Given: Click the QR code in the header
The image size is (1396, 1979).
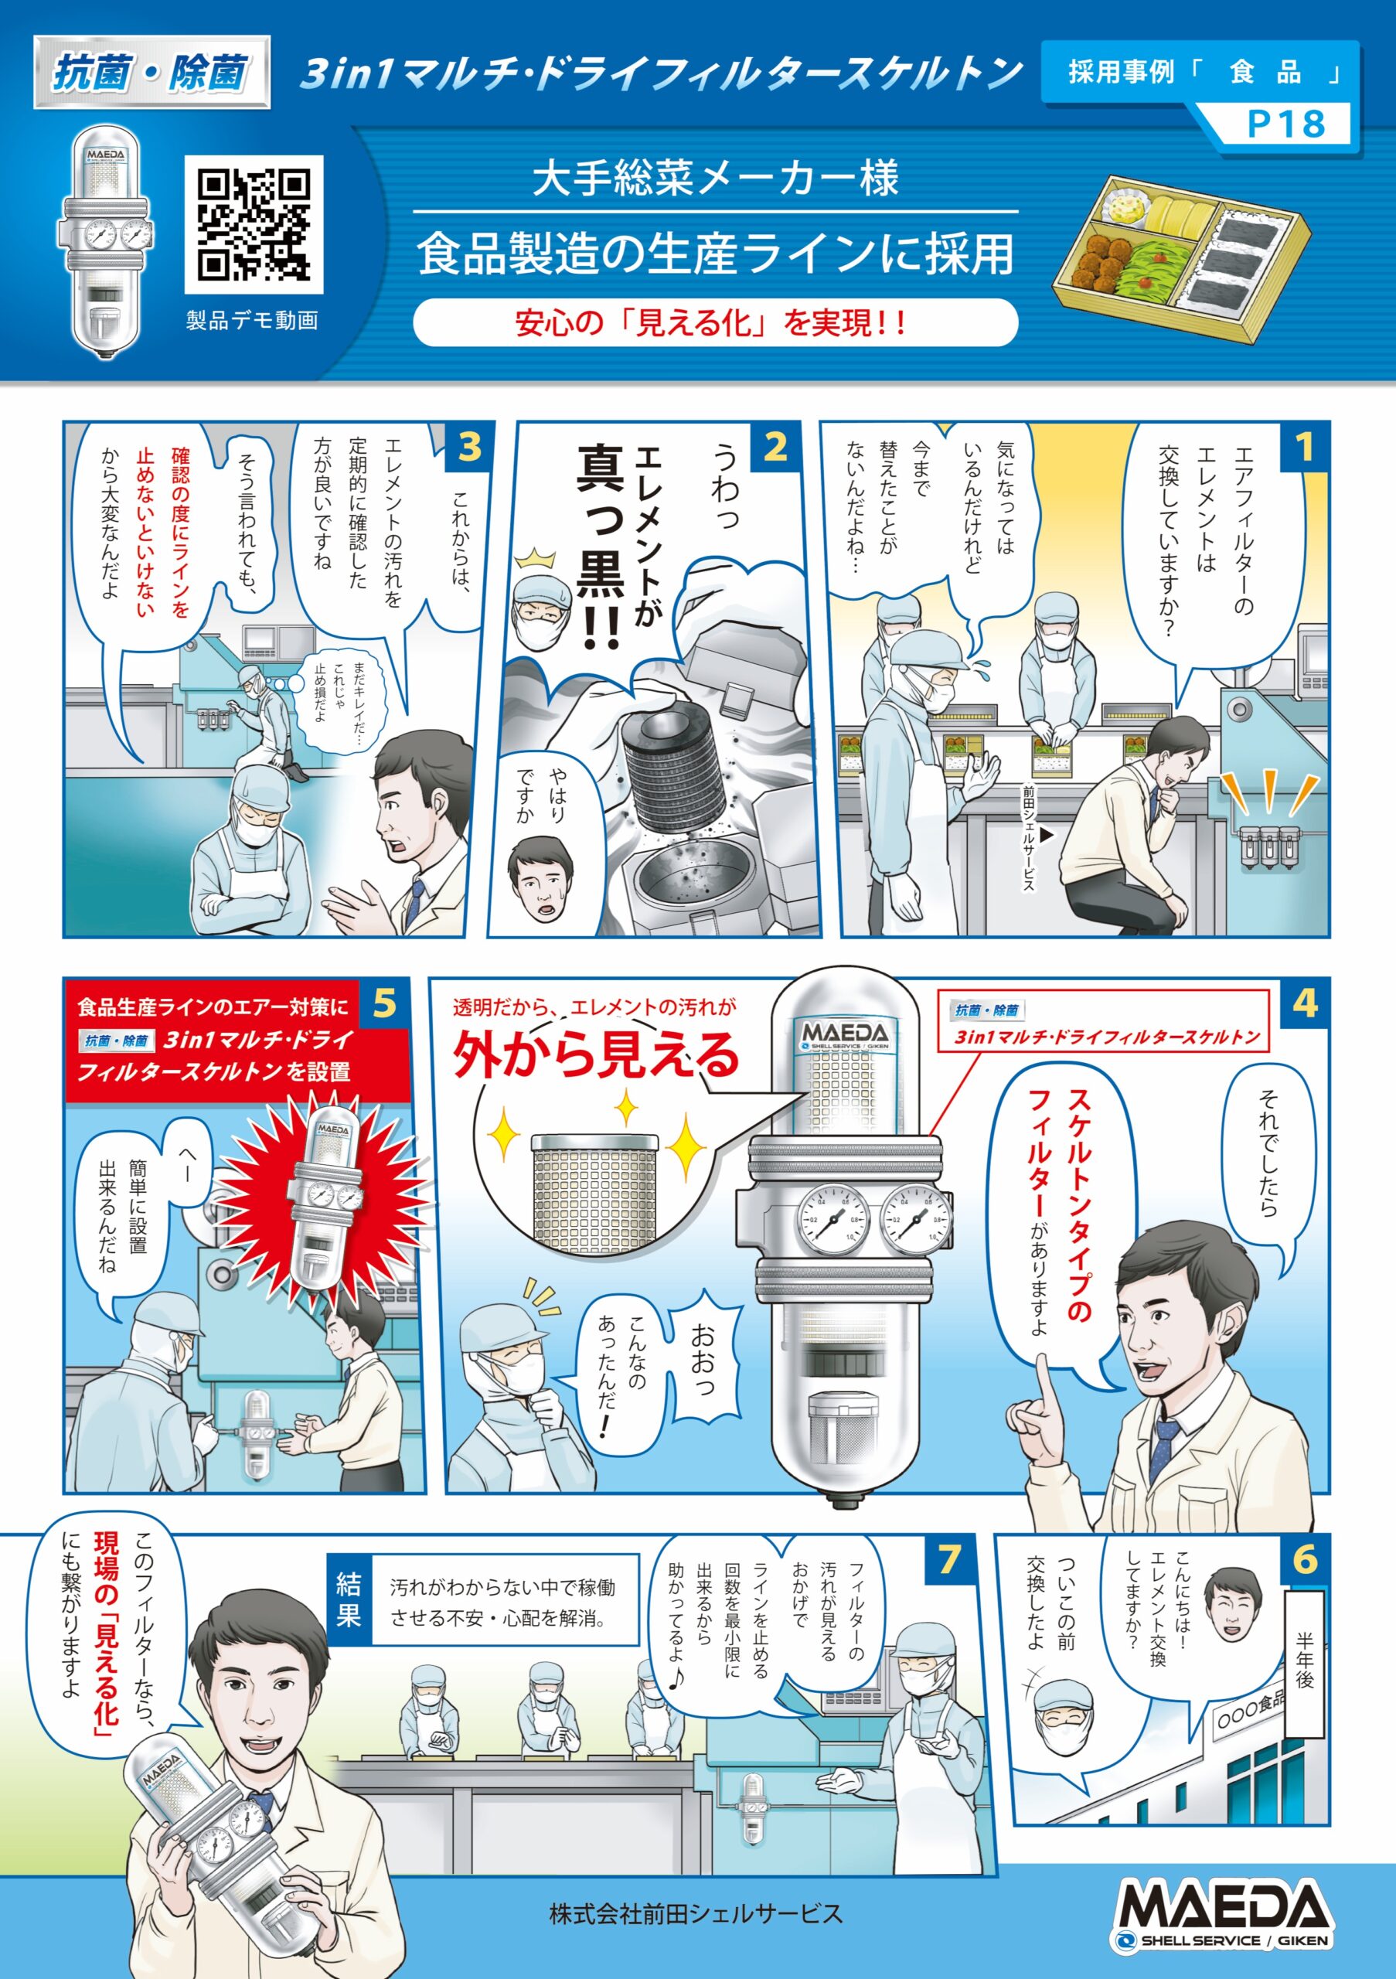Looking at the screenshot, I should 254,225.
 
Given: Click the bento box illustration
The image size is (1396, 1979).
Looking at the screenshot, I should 1183,254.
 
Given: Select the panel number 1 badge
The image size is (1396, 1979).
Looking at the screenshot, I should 1305,447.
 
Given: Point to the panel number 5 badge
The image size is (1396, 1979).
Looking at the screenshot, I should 384,1003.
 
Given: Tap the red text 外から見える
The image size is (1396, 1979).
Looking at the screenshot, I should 596,1056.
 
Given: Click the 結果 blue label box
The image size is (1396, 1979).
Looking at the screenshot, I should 348,1599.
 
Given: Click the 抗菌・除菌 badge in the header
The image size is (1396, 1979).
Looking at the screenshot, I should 152,73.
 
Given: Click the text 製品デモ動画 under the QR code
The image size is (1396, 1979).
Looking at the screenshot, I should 253,321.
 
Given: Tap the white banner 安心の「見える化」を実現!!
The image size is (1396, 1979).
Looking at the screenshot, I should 714,323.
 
